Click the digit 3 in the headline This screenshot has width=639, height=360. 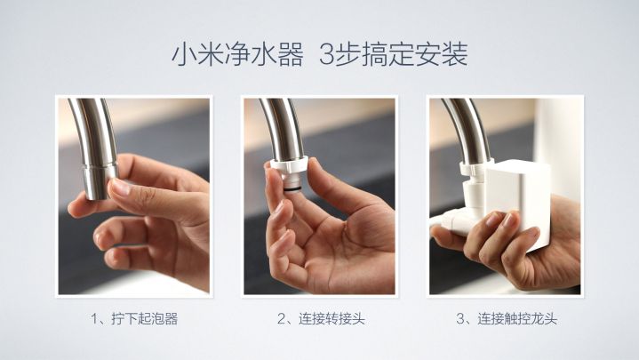(327, 54)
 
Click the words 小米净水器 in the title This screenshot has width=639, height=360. (237, 54)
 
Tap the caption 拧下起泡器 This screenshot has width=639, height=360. (145, 318)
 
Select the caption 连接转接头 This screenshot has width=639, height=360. (331, 318)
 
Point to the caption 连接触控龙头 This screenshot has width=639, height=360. (517, 318)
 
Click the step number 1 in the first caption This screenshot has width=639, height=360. (94, 319)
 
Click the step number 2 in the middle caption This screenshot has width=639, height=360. (282, 319)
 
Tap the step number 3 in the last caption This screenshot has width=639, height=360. (460, 319)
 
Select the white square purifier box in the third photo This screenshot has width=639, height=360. (517, 204)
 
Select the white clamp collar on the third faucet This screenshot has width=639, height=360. (473, 169)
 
